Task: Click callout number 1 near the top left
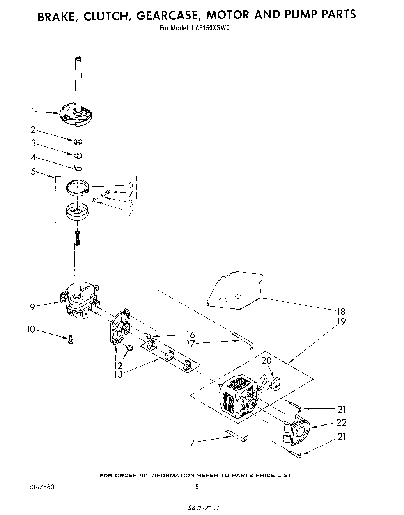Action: pos(34,112)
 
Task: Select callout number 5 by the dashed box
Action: pos(34,171)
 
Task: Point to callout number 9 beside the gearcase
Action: pos(33,307)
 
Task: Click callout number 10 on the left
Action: pos(31,330)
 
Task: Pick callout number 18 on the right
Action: pos(342,312)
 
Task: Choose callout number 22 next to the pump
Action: pos(342,422)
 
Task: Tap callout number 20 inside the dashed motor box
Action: pos(267,361)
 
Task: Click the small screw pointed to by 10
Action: pos(71,339)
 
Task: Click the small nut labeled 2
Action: pos(78,141)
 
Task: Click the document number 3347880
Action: pos(41,487)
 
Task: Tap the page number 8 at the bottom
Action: pos(197,487)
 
